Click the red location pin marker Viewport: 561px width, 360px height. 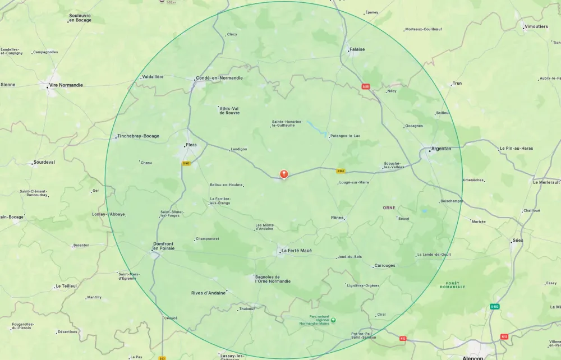[x=284, y=174]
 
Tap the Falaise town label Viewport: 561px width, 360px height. [x=357, y=49]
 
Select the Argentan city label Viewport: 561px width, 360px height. [x=441, y=149]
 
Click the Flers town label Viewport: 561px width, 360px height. [x=191, y=145]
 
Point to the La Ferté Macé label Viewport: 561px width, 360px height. [x=296, y=251]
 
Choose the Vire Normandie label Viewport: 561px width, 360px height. [x=66, y=85]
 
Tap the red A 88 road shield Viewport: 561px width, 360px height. [x=366, y=86]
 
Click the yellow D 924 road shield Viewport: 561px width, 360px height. [x=340, y=171]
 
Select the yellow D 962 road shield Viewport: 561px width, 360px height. [x=186, y=163]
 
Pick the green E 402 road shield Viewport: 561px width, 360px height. [x=494, y=307]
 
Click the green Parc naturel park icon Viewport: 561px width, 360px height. [x=333, y=320]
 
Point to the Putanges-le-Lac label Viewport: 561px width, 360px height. [x=346, y=136]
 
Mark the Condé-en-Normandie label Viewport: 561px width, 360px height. [x=219, y=78]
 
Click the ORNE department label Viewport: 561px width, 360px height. [x=389, y=207]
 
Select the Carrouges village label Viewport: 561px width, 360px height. [x=384, y=266]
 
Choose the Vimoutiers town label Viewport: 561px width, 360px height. [x=536, y=26]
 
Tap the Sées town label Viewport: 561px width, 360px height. [x=517, y=241]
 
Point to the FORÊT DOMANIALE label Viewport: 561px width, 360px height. [x=453, y=285]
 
